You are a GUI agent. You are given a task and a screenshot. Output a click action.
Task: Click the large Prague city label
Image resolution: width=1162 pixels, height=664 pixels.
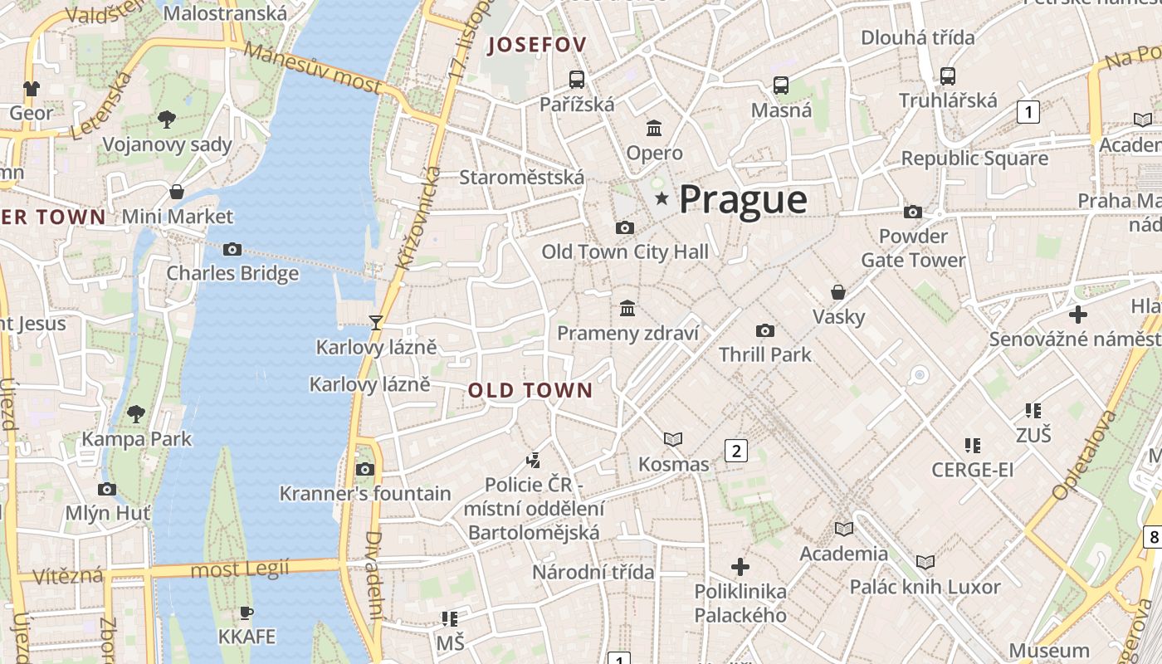[x=743, y=200]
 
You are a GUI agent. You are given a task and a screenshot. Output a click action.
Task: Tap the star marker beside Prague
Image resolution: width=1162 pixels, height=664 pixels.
[x=662, y=198]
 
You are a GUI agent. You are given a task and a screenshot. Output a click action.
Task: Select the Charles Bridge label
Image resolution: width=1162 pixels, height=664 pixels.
[x=232, y=273]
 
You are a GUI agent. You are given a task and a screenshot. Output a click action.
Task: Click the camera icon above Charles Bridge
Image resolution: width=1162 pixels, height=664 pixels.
[x=232, y=249]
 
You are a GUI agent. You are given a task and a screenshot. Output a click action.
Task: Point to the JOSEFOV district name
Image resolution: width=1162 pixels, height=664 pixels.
[x=537, y=45]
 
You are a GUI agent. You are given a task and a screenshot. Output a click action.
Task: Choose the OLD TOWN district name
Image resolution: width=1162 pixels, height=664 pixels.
[x=530, y=390]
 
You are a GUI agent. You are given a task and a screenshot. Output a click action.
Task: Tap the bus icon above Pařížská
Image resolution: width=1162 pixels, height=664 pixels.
[x=577, y=80]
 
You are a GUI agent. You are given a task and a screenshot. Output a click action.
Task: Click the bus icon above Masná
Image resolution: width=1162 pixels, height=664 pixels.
[x=781, y=85]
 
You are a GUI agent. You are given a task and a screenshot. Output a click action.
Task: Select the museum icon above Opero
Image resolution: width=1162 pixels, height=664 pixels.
[x=654, y=129]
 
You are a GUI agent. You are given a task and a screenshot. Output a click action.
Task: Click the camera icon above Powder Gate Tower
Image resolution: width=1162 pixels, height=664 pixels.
[x=913, y=212]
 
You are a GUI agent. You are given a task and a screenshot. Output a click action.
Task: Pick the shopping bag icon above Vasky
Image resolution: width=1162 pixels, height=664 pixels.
[x=838, y=292]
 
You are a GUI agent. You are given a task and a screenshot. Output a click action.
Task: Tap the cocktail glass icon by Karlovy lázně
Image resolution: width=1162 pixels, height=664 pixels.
[x=376, y=322]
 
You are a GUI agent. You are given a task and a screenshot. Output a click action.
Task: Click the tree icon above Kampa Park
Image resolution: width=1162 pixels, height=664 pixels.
[x=136, y=413]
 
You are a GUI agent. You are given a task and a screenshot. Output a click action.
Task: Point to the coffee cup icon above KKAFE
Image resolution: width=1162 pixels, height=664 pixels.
[x=246, y=613]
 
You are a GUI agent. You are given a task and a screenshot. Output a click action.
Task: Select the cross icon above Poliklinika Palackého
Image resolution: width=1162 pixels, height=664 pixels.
[x=740, y=567]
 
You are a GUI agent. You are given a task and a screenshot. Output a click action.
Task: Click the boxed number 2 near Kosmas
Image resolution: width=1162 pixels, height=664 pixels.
[x=735, y=451]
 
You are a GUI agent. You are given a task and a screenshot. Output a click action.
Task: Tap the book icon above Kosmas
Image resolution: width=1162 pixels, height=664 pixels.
[x=673, y=439]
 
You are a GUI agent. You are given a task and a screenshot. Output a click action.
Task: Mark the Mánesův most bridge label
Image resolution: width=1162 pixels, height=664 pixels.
[x=314, y=68]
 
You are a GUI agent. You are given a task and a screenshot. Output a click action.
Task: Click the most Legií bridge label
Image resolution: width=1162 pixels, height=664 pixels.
[x=240, y=569]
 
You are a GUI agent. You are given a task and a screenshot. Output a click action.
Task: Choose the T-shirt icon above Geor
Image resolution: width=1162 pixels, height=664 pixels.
[x=32, y=88]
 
